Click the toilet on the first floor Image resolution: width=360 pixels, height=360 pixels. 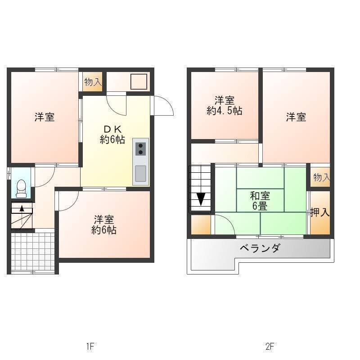(x=21, y=188)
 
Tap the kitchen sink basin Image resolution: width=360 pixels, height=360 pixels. (x=140, y=173)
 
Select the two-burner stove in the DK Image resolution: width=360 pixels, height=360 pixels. (x=140, y=149)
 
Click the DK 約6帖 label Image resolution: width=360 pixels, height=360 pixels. (x=112, y=135)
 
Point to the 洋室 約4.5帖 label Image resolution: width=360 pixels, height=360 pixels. (x=225, y=106)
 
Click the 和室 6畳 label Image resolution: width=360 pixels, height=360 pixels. (x=260, y=201)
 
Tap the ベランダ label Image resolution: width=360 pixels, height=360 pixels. (x=260, y=248)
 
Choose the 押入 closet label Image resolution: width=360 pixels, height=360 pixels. (x=320, y=212)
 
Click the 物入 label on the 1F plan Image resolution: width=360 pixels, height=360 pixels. (x=93, y=82)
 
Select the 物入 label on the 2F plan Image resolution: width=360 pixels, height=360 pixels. (x=322, y=177)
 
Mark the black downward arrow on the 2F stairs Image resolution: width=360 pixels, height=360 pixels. (x=201, y=199)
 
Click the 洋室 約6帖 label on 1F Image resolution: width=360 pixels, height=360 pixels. (x=104, y=225)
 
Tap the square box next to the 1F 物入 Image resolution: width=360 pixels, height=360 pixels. (x=139, y=81)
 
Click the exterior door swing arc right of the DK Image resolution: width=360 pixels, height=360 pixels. (x=167, y=102)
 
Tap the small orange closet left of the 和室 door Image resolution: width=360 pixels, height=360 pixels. (x=201, y=225)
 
